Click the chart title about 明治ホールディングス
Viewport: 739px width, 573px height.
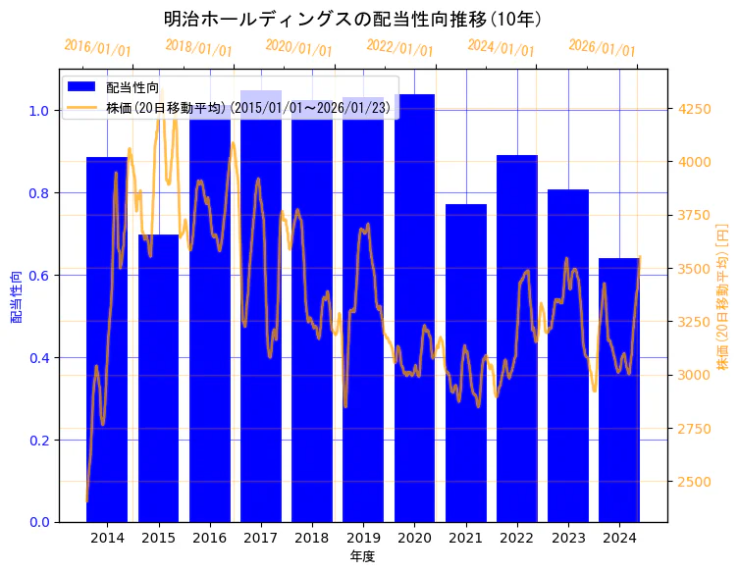pos(353,19)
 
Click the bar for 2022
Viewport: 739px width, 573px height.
pos(517,343)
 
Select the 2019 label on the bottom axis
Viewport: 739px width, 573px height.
pos(363,538)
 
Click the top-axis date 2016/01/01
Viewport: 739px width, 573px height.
pos(97,47)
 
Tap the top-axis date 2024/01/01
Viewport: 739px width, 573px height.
pos(501,47)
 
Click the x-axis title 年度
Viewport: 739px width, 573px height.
pos(362,556)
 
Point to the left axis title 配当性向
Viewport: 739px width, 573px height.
pos(16,296)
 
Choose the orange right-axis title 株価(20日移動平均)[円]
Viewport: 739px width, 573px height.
pos(722,295)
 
